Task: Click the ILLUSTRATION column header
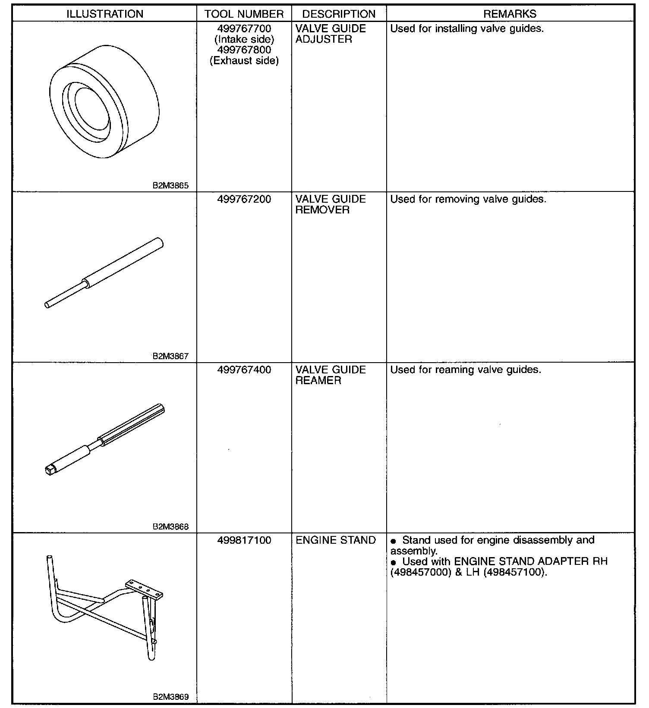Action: pos(105,14)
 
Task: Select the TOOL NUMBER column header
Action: pos(244,14)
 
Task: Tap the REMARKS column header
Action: pos(510,14)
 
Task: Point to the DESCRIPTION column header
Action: pos(339,14)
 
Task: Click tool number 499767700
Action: pos(244,28)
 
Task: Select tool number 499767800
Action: pos(244,50)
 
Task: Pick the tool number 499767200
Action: pos(244,199)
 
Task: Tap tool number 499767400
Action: pos(244,370)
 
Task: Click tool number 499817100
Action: pos(244,540)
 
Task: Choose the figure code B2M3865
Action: pos(170,186)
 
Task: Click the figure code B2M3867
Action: pos(170,356)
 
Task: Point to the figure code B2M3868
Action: pos(170,526)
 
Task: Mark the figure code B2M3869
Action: pos(170,697)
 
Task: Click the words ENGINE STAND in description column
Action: pos(336,540)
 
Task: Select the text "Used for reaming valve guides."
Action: pos(466,370)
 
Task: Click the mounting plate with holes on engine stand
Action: pos(144,589)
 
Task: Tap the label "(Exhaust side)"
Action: pos(244,61)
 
